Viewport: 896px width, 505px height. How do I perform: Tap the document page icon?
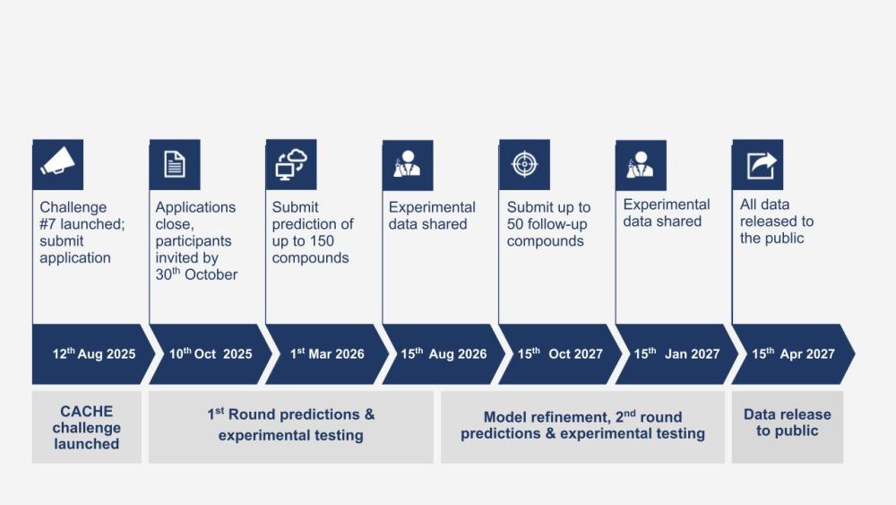(175, 164)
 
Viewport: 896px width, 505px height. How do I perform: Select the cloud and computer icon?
(291, 164)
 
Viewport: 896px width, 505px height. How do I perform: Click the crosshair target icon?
(524, 164)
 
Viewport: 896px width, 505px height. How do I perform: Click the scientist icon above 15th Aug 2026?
(408, 165)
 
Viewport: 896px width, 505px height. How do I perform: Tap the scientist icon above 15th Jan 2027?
(642, 165)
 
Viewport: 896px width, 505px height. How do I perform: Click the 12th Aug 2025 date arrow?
(91, 354)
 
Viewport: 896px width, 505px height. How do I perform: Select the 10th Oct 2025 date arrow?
(209, 354)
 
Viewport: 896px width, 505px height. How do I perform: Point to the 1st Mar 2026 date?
(327, 354)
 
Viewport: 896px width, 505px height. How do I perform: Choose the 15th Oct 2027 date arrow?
(559, 354)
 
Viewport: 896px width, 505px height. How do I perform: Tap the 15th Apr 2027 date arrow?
(792, 354)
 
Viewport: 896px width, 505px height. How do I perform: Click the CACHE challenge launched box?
(87, 427)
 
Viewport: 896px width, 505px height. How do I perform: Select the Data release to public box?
(788, 427)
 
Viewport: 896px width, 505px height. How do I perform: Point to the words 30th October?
(196, 274)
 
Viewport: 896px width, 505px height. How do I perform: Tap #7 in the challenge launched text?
(48, 223)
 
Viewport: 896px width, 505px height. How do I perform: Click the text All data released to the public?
(777, 222)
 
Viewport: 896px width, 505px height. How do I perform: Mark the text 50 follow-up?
(547, 224)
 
